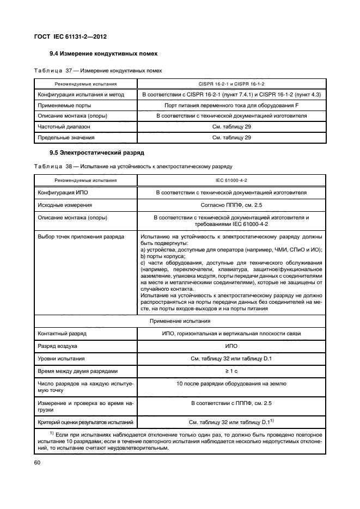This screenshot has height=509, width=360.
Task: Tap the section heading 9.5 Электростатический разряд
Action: click(x=97, y=152)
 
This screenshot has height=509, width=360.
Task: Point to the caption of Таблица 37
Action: click(x=98, y=70)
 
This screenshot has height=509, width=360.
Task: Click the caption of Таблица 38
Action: click(x=133, y=165)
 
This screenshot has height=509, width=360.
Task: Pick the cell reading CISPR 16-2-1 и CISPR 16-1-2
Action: click(x=231, y=84)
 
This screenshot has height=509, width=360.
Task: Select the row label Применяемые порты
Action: click(x=64, y=105)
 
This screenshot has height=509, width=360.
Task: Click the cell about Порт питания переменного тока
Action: click(x=231, y=105)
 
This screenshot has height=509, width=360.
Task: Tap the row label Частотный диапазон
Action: click(x=63, y=127)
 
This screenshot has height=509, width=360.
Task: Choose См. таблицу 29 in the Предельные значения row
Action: click(x=231, y=138)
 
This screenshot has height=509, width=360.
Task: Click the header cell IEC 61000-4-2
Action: click(x=231, y=179)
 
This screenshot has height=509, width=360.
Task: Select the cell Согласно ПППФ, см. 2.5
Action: click(x=231, y=205)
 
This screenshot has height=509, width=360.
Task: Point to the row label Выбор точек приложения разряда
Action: click(x=81, y=237)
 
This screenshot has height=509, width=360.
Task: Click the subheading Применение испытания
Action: click(x=180, y=321)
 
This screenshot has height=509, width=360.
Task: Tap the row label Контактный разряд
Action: click(x=62, y=333)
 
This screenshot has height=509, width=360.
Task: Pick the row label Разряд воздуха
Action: click(x=57, y=346)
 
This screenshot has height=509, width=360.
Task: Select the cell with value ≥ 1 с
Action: click(x=231, y=371)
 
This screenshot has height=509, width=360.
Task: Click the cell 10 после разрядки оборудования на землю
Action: click(x=231, y=384)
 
